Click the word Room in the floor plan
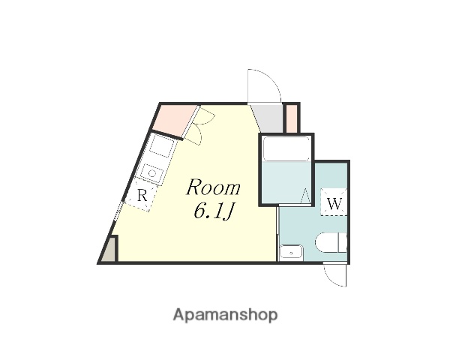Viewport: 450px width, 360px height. tap(214, 187)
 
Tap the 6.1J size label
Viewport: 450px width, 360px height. tap(215, 212)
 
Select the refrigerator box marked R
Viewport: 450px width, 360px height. tap(142, 196)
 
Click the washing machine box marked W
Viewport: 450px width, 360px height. tap(334, 202)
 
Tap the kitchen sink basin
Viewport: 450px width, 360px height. tap(152, 173)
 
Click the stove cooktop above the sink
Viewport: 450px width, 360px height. tap(161, 145)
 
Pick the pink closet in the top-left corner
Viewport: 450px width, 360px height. tap(177, 118)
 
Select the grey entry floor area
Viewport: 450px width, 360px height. tap(266, 117)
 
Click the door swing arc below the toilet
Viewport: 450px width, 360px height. tap(336, 275)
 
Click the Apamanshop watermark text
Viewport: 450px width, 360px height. tap(225, 315)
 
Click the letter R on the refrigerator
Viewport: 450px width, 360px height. tap(142, 196)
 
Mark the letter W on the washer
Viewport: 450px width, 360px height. tap(334, 202)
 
